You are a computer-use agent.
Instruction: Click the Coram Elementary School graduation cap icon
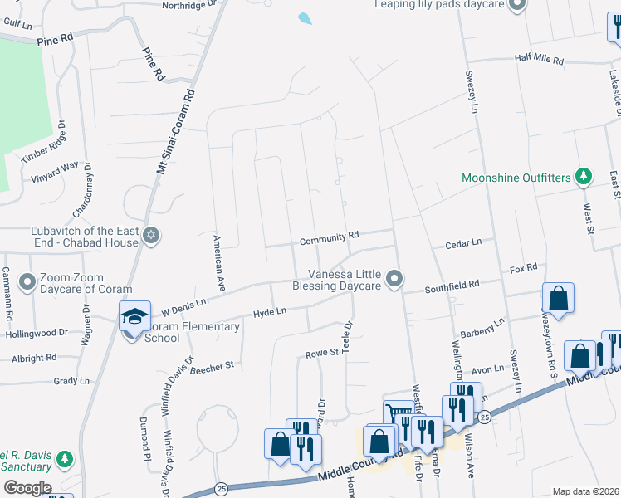pos(134,316)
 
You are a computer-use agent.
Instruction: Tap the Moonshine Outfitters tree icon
pos(584,176)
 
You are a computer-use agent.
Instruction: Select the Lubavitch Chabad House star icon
pos(150,236)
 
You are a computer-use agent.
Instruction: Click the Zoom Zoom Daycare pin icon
pos(27,282)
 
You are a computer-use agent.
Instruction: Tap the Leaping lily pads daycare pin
pos(516,6)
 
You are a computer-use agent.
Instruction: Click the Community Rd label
pos(329,237)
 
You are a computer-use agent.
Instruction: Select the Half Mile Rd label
pos(539,61)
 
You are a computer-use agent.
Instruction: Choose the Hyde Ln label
pos(270,311)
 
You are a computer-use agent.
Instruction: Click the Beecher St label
pos(213,364)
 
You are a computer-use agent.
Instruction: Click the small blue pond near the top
pos(305,17)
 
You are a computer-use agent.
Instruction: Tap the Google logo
pos(27,487)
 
